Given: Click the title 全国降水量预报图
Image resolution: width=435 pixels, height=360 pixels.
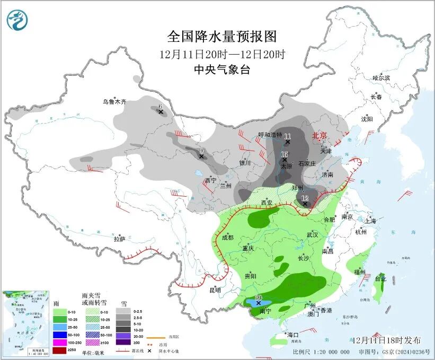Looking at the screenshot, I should [222, 37].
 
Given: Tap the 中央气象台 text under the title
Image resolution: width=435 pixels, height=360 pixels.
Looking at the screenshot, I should [222, 70].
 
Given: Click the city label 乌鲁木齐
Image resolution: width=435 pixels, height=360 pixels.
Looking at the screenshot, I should [115, 101].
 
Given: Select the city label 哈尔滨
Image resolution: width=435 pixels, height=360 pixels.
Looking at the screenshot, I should [380, 78].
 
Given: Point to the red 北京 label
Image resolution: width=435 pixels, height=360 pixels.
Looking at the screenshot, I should [320, 136].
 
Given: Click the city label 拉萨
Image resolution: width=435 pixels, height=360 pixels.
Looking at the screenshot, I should [120, 239].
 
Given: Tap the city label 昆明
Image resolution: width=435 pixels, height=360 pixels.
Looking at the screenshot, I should [215, 290].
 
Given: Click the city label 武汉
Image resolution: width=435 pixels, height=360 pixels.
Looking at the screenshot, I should [312, 234].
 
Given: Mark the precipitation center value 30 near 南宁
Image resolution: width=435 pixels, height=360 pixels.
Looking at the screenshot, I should [259, 298].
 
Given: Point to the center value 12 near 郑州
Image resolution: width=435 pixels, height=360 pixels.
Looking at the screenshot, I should [305, 198].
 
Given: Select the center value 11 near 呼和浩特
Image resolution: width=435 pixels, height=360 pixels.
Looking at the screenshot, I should [287, 137].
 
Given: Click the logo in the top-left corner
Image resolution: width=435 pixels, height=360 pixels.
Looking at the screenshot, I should [17, 20].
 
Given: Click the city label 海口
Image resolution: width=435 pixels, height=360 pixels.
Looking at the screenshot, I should [294, 335].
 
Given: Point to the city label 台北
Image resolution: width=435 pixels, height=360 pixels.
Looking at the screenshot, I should [380, 278].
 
